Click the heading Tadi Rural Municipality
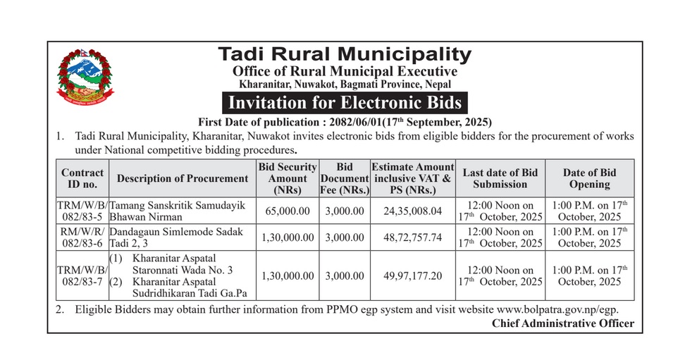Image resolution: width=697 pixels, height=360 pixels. pos(344,54)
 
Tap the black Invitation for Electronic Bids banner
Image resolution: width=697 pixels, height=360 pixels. pos(344,102)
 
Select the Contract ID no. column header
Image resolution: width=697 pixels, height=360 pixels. pos(82,178)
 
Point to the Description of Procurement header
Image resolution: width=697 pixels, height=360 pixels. pos(182,178)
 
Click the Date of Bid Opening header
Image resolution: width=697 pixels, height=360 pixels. pos(589,178)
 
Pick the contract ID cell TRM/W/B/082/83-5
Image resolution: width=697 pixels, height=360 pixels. pos(82,210)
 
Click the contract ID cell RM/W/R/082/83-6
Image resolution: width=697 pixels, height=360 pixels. pos(82,237)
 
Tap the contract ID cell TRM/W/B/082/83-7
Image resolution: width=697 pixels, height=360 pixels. pos(82,275)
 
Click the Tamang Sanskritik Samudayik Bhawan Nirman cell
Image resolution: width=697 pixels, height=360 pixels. pos(182,210)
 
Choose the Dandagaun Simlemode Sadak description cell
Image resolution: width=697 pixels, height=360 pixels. pos(182,237)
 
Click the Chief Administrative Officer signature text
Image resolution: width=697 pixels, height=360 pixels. pos(562,323)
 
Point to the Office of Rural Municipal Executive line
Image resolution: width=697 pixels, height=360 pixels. pos(344,71)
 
